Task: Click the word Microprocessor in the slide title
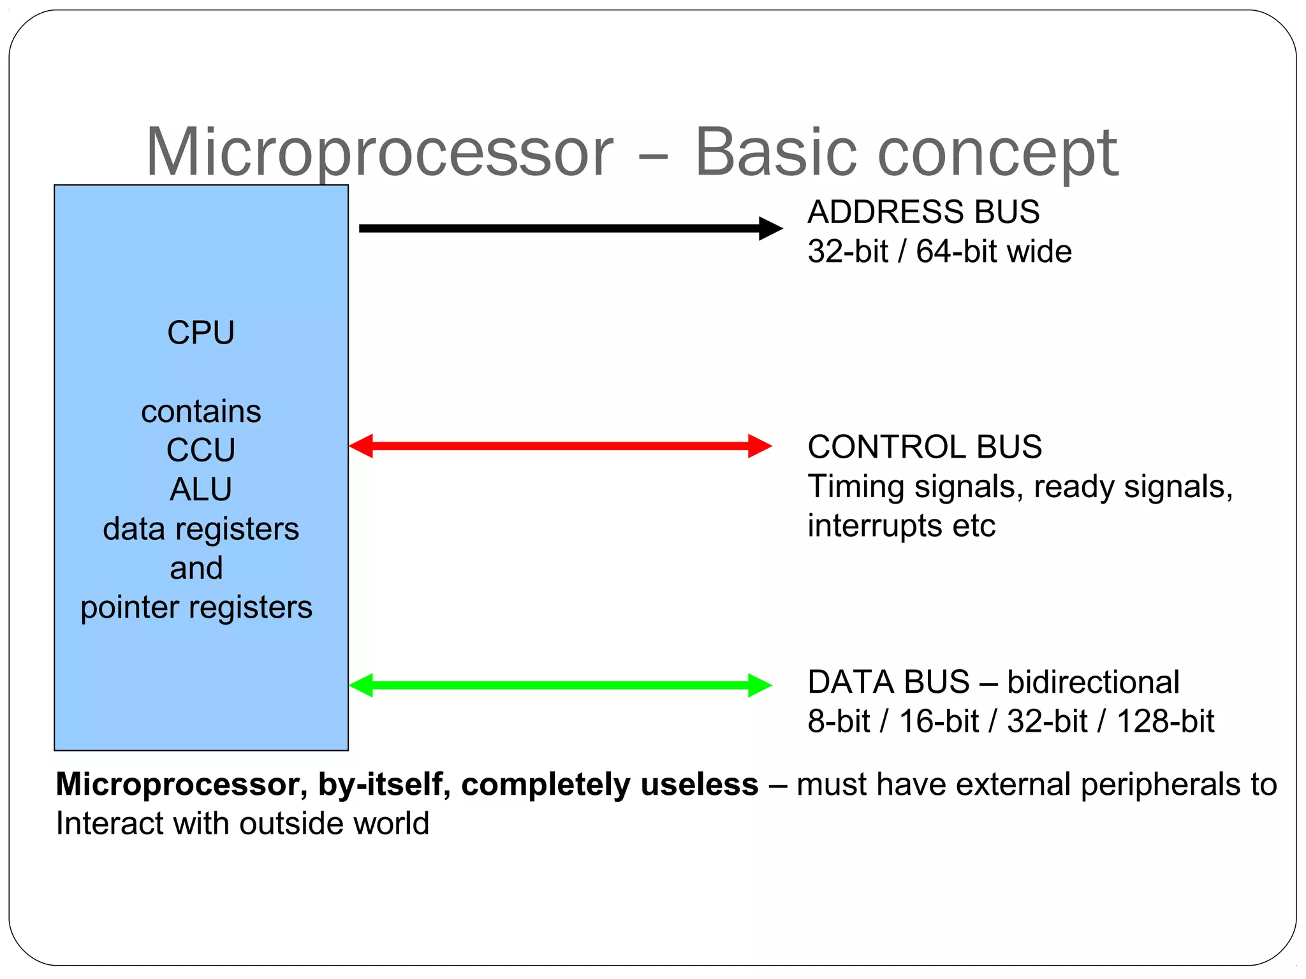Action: point(379,153)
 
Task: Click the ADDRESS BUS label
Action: point(923,212)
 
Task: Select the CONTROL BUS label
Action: point(925,447)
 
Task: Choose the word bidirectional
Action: point(1093,682)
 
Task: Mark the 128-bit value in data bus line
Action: point(1165,722)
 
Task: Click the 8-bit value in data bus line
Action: point(839,722)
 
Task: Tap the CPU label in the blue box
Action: point(201,333)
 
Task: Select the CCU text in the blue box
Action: point(201,450)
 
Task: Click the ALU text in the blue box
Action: point(201,489)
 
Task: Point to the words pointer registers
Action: point(196,607)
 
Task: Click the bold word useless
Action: point(700,784)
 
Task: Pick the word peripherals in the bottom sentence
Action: point(1158,785)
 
